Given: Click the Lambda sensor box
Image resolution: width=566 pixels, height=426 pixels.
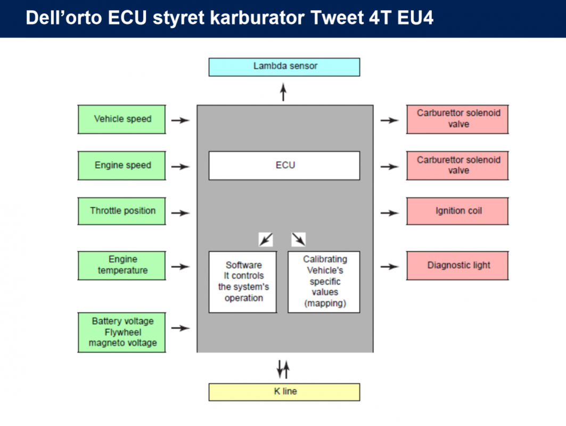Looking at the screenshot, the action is pyautogui.click(x=284, y=67).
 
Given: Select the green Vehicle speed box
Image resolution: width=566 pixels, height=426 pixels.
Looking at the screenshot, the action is pyautogui.click(x=121, y=119).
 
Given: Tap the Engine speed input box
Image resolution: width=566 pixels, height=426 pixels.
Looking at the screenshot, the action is pyautogui.click(x=121, y=166).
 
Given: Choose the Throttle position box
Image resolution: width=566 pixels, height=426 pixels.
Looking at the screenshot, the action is pyautogui.click(x=121, y=211).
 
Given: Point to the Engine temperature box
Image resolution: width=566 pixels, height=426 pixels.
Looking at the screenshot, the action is pyautogui.click(x=121, y=266).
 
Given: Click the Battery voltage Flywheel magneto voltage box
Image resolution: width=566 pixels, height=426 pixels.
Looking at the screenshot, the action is pyautogui.click(x=121, y=332).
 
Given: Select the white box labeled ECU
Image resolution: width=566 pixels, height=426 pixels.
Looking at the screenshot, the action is pyautogui.click(x=284, y=166).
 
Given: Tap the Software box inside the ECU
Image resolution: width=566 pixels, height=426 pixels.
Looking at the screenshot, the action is pyautogui.click(x=243, y=282).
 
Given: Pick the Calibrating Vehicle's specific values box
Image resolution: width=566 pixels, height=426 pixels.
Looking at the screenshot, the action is pyautogui.click(x=324, y=282).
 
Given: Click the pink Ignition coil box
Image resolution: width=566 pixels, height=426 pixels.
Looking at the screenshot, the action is pyautogui.click(x=457, y=211).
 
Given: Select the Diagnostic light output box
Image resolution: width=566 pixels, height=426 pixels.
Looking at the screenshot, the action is pyautogui.click(x=457, y=266).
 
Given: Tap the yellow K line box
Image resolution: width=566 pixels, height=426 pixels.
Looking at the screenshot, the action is pyautogui.click(x=284, y=392).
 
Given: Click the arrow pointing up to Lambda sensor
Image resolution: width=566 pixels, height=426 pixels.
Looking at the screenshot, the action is pyautogui.click(x=283, y=92).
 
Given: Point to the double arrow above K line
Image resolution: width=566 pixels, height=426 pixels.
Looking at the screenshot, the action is pyautogui.click(x=283, y=370).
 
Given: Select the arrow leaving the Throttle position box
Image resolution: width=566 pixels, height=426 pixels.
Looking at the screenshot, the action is pyautogui.click(x=181, y=213).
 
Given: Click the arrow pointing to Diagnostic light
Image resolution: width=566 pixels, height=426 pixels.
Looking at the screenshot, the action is pyautogui.click(x=390, y=267).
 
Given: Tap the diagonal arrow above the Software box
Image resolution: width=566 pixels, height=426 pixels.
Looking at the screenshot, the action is pyautogui.click(x=266, y=239).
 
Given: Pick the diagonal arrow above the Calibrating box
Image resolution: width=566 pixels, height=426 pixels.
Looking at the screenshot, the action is pyautogui.click(x=299, y=239).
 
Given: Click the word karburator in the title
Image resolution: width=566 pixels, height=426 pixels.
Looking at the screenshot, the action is pyautogui.click(x=258, y=18).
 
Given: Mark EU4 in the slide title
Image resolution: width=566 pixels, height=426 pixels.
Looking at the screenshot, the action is pyautogui.click(x=415, y=18).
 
